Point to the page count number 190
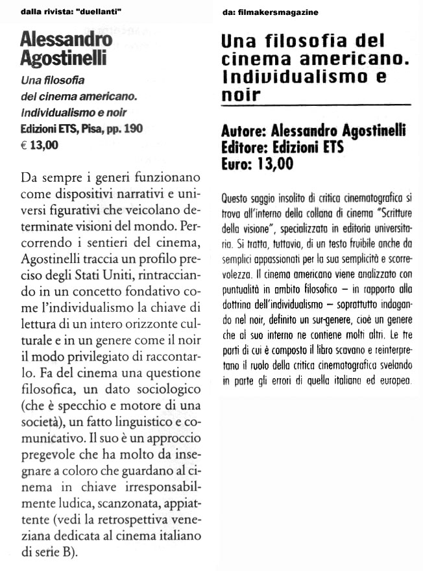click(132, 129)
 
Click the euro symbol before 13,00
click(25, 146)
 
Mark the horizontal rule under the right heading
click(317, 105)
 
